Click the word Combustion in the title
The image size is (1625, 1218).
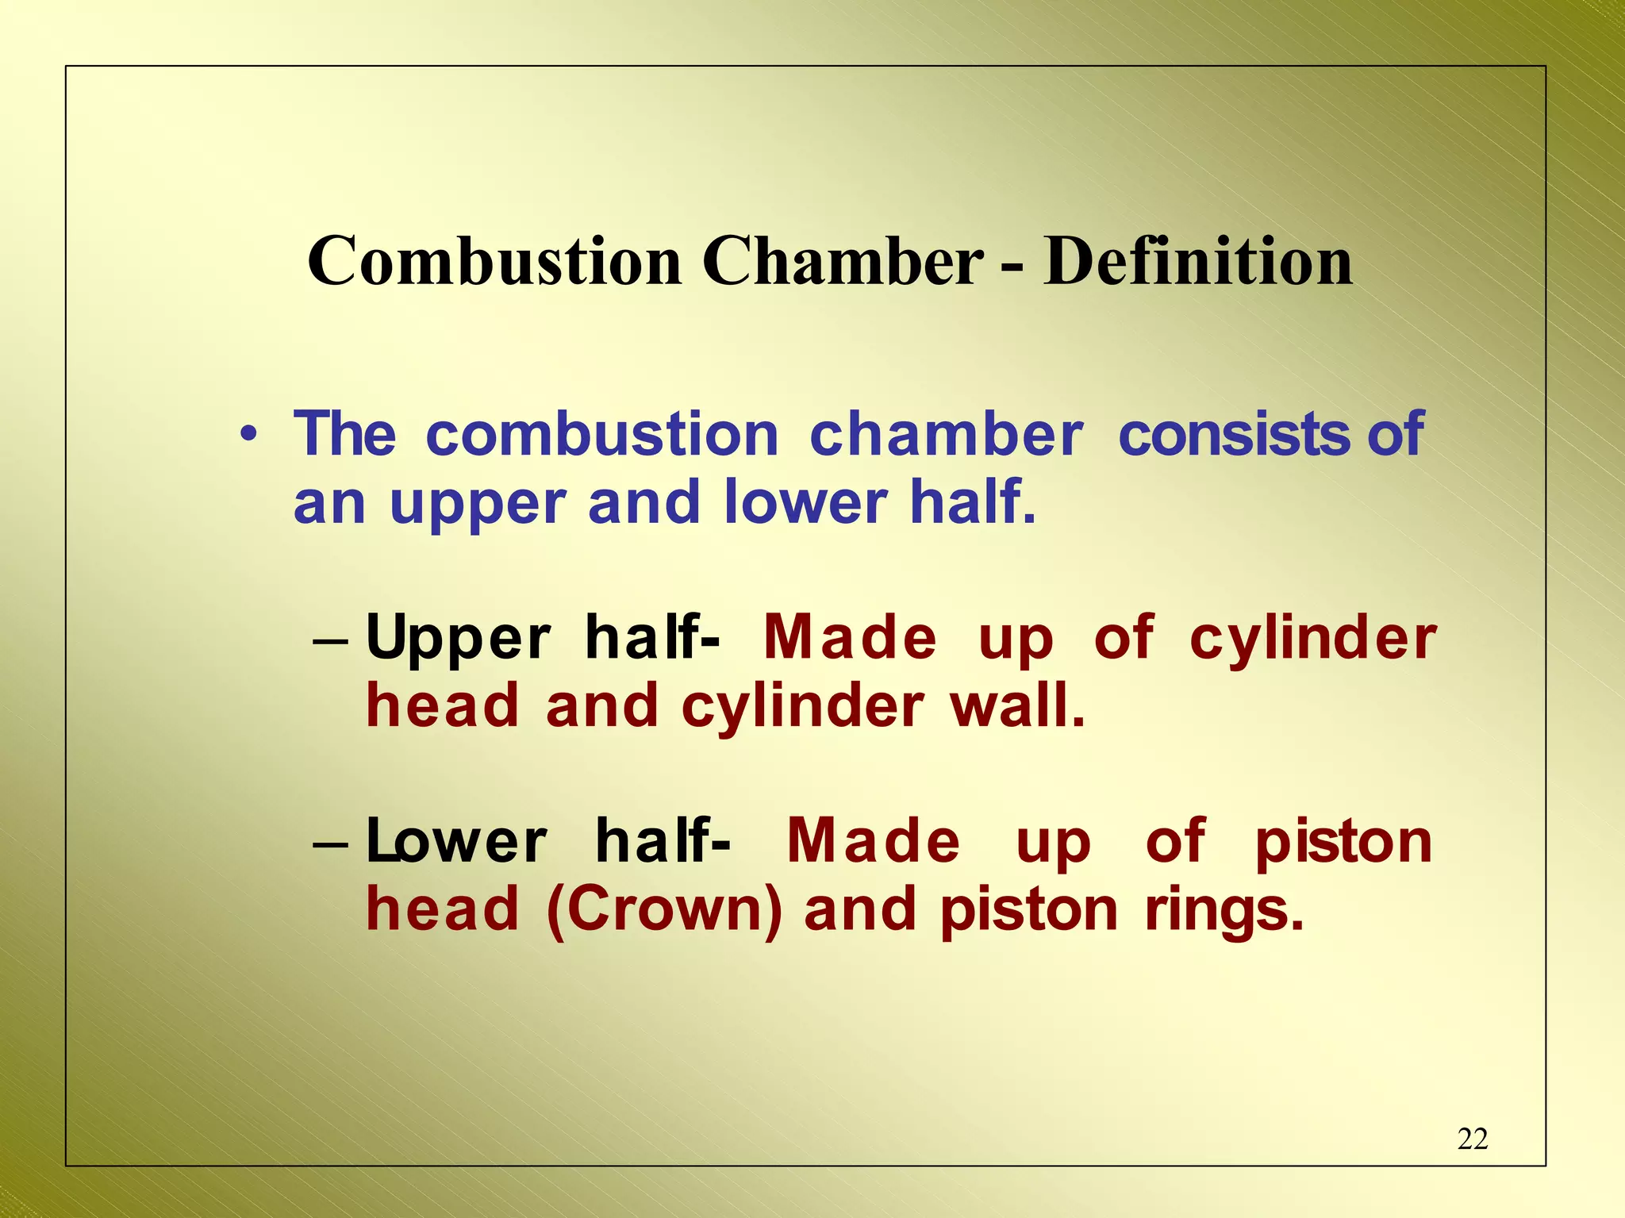494,262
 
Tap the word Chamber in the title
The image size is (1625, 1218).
843,262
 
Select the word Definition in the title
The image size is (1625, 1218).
1197,262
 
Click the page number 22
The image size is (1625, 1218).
1473,1139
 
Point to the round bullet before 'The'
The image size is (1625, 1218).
248,435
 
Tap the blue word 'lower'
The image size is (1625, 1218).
805,503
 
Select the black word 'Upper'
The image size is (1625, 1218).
458,639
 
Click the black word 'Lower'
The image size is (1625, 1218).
456,842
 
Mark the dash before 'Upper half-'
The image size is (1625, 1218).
330,640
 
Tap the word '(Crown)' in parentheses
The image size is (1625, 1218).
664,910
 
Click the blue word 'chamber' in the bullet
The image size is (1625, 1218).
946,435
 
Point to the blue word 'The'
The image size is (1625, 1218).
344,435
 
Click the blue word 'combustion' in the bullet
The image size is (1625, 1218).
602,435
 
